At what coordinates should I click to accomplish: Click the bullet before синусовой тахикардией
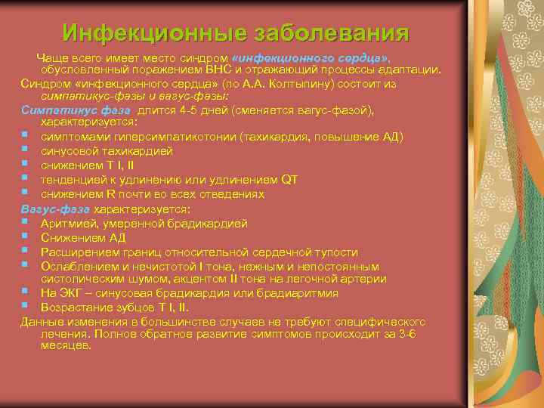coord(26,150)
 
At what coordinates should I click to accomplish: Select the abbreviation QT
coord(289,179)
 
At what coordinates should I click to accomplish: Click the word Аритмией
coord(71,223)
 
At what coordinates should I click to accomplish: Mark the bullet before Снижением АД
coord(26,237)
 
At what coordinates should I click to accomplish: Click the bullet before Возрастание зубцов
coord(26,308)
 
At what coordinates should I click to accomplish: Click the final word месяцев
coord(66,346)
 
